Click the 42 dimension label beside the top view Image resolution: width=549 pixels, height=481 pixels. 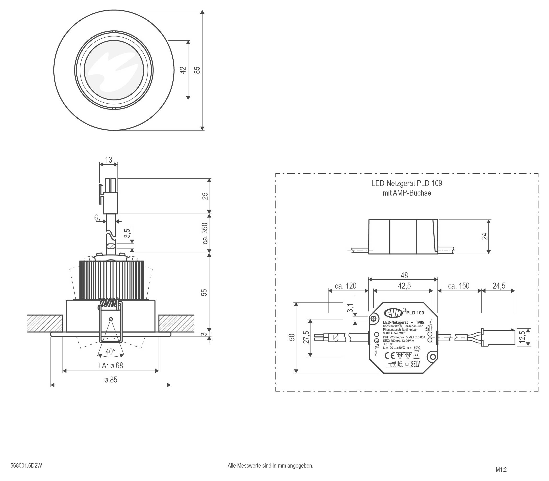tap(183, 70)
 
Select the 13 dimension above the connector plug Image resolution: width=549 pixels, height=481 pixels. tap(109, 160)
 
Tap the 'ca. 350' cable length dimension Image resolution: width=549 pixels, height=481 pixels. tap(205, 233)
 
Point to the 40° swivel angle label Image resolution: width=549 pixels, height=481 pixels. tap(111, 351)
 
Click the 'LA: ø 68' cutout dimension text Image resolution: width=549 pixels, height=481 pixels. tap(111, 365)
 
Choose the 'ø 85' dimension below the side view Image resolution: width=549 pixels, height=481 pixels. tap(111, 380)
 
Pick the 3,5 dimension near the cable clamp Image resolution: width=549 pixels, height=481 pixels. tap(127, 233)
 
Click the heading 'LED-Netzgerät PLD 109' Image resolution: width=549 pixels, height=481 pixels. tap(407, 183)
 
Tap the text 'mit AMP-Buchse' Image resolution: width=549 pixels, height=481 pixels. tap(407, 193)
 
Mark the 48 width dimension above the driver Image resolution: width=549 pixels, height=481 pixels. tap(404, 275)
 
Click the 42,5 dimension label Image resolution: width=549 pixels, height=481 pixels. tap(404, 286)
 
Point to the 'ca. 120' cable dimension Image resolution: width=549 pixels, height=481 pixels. tap(346, 286)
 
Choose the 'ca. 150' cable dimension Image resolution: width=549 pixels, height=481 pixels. tap(459, 286)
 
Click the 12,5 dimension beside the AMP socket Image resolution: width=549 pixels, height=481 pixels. tap(522, 337)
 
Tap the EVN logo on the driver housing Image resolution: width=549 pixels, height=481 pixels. tap(393, 313)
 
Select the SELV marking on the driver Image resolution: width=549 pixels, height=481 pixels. tap(415, 364)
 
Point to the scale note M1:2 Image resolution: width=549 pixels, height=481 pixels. tap(501, 470)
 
